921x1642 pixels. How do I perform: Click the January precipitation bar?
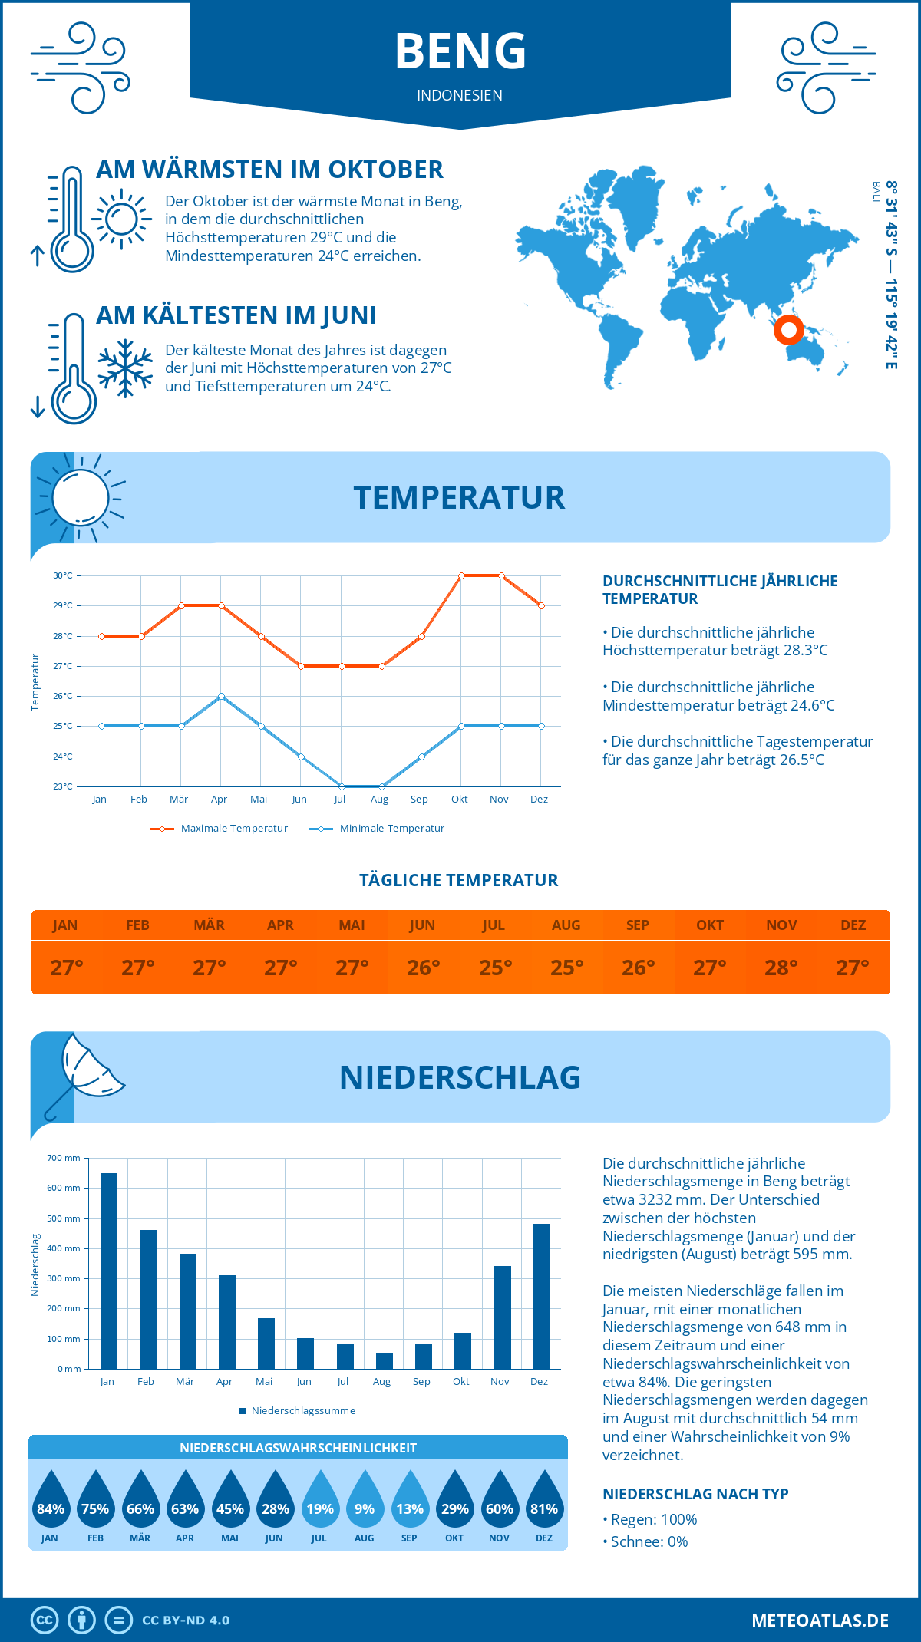pyautogui.click(x=109, y=1271)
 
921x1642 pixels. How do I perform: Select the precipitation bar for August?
pyautogui.click(x=385, y=1360)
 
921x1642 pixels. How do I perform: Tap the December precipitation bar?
pyautogui.click(x=542, y=1296)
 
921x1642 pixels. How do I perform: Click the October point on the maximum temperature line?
pyautogui.click(x=461, y=575)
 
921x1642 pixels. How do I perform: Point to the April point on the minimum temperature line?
pyautogui.click(x=221, y=696)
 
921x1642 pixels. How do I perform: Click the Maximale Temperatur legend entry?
pyautogui.click(x=220, y=829)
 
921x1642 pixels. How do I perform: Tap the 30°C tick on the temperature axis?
pyautogui.click(x=63, y=575)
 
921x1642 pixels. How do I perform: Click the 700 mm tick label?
pyautogui.click(x=64, y=1158)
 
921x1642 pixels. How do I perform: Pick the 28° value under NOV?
pyautogui.click(x=781, y=968)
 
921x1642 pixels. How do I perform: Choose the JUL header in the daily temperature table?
pyautogui.click(x=494, y=925)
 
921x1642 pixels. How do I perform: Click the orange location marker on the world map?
pyautogui.click(x=788, y=330)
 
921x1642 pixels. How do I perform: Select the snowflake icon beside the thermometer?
pyautogui.click(x=125, y=368)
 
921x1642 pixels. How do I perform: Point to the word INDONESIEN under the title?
pyautogui.click(x=460, y=95)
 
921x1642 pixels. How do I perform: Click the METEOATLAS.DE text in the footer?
pyautogui.click(x=820, y=1621)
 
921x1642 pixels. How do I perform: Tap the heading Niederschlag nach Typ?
pyautogui.click(x=695, y=1494)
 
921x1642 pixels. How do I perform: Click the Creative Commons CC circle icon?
pyautogui.click(x=45, y=1621)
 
